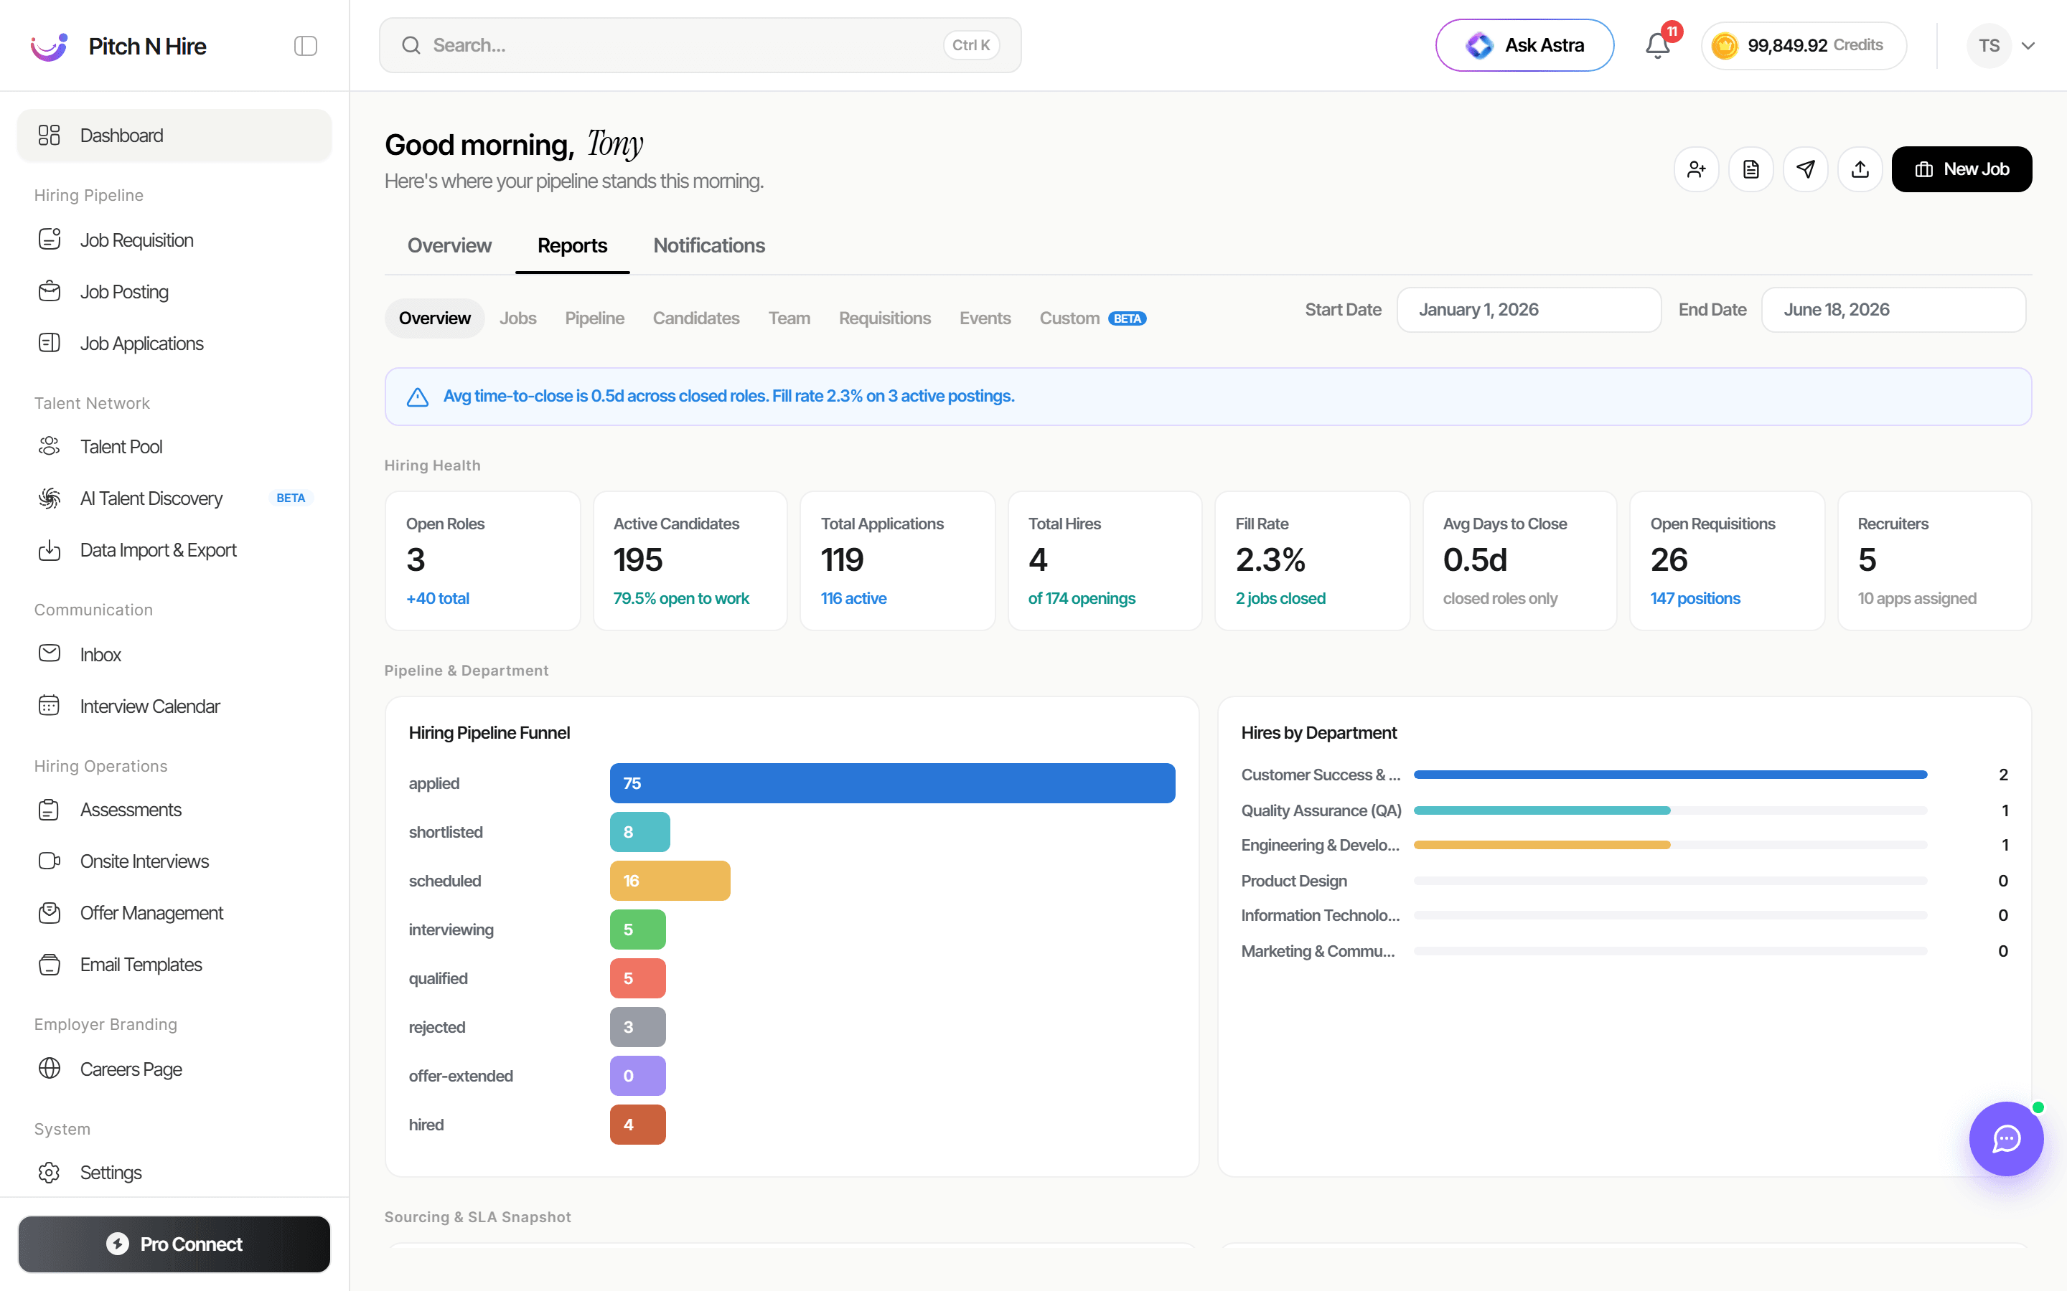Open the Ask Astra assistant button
coord(1524,45)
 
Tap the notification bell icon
coord(1657,45)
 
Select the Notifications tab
coord(709,246)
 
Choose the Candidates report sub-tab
coord(696,318)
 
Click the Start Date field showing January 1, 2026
coord(1529,310)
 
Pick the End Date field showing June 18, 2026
coord(1893,310)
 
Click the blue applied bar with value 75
coord(893,783)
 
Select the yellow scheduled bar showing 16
coord(670,880)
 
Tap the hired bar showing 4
coord(637,1125)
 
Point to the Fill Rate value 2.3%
coord(1270,560)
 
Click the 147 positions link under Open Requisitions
coord(1695,599)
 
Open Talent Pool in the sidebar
coord(121,447)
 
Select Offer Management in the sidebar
coord(151,913)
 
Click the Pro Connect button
coord(174,1244)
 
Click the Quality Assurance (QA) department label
coord(1321,810)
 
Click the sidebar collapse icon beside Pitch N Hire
coord(306,46)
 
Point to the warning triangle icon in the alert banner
coord(418,397)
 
